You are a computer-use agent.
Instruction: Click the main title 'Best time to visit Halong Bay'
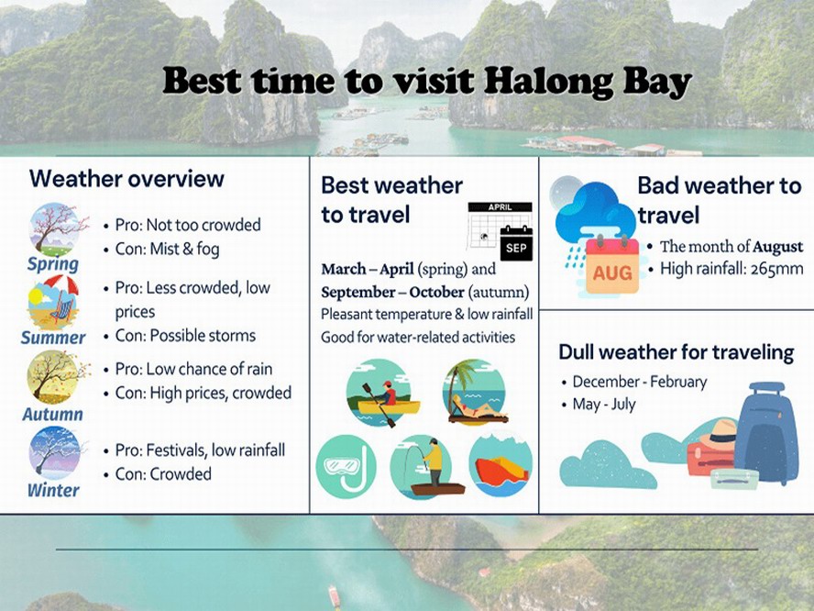coord(426,83)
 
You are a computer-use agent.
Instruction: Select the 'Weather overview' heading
coord(126,178)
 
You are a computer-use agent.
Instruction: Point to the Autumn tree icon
coord(54,377)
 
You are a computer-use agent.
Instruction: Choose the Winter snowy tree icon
coord(54,452)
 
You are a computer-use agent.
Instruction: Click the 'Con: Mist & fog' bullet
coord(167,249)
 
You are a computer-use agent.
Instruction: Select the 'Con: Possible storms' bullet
coord(185,336)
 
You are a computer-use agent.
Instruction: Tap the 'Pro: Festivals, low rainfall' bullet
coord(200,450)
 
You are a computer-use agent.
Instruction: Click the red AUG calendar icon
coord(611,266)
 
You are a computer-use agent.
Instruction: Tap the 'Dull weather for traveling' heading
coord(676,352)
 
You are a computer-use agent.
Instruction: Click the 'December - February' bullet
coord(639,382)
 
